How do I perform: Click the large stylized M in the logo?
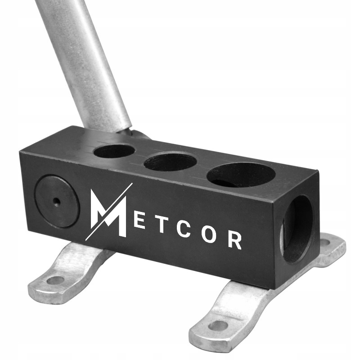(x=108, y=212)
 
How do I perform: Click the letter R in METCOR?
(x=234, y=241)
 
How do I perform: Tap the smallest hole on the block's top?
(x=114, y=151)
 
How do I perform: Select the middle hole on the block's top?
(x=170, y=162)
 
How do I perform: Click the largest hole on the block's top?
(x=241, y=176)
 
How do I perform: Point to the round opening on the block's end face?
(x=297, y=229)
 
